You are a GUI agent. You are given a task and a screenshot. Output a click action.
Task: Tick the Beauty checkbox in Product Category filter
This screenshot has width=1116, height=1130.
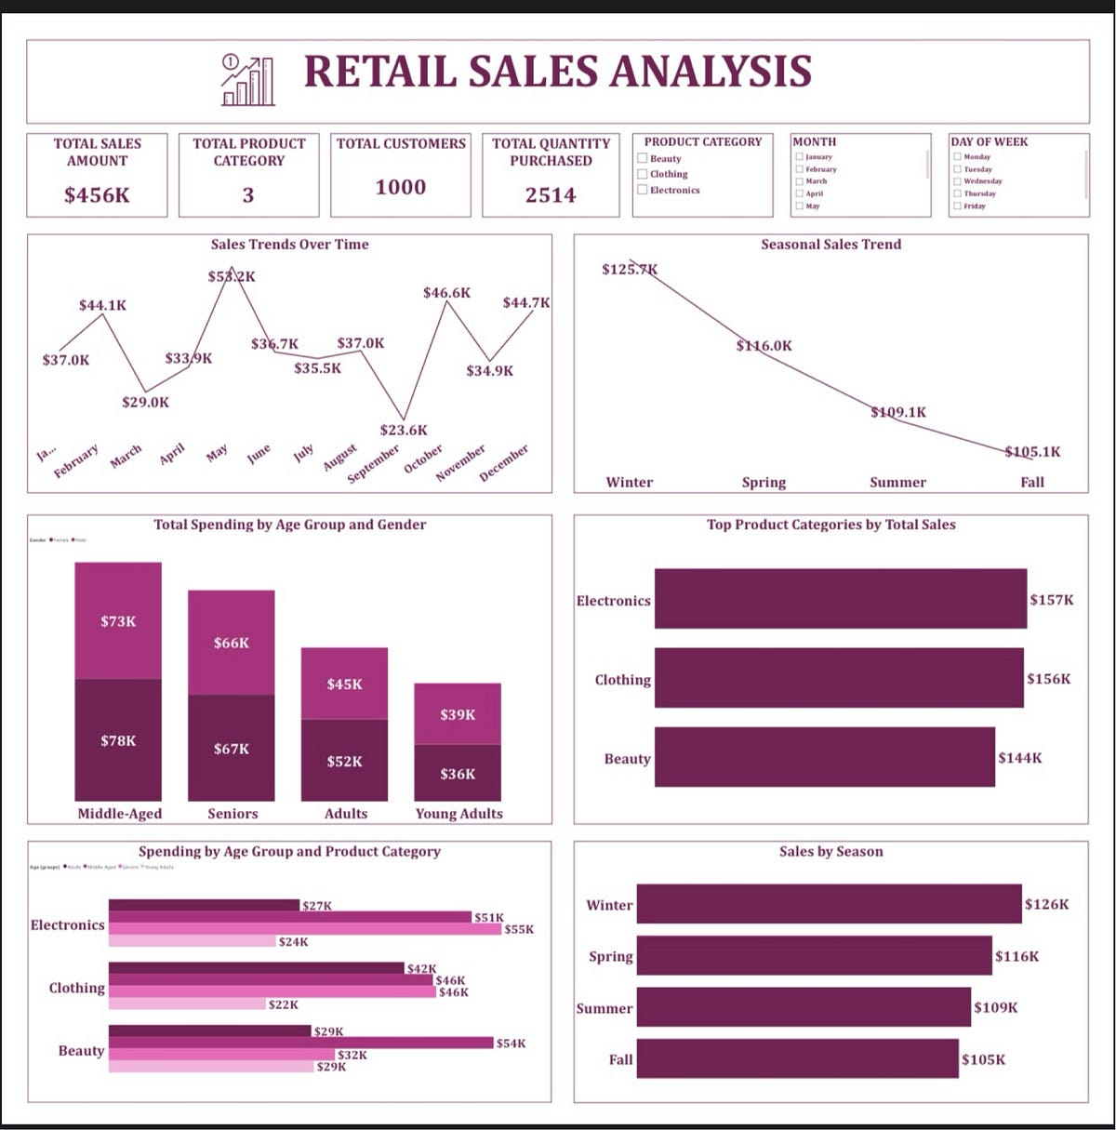(642, 158)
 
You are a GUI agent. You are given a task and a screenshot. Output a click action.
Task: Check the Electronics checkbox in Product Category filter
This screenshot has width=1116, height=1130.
(642, 190)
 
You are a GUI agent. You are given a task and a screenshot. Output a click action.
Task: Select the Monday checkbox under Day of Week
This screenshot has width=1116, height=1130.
(957, 157)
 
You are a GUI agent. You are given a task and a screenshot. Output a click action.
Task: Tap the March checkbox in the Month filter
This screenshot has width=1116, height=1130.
(799, 181)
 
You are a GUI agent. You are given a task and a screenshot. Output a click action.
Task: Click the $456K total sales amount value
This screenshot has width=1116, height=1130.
(97, 195)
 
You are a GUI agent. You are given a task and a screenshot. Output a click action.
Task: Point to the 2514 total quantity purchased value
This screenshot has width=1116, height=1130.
(551, 195)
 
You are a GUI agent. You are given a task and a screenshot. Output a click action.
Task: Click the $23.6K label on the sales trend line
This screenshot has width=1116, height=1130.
(404, 430)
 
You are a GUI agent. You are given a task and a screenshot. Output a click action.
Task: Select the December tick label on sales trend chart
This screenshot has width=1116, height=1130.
(504, 462)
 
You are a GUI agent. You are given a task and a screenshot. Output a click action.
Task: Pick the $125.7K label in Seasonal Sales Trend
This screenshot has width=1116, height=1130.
(630, 270)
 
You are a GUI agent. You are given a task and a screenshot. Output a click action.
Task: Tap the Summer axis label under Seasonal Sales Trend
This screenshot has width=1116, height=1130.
(897, 482)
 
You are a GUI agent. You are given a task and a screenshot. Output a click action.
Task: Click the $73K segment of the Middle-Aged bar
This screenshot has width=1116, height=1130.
(118, 620)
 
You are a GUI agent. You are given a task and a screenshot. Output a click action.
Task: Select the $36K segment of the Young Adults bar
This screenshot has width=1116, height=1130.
(458, 773)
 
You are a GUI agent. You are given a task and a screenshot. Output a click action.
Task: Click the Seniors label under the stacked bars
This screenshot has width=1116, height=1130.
(232, 813)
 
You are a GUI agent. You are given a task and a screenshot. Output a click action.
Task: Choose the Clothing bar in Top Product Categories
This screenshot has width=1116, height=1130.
(838, 678)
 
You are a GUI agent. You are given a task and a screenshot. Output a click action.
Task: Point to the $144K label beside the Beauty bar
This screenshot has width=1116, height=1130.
(1019, 758)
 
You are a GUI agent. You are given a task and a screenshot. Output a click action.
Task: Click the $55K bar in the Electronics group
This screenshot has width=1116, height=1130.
(305, 928)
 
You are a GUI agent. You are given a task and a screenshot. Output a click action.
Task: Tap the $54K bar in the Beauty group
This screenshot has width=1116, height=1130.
(300, 1043)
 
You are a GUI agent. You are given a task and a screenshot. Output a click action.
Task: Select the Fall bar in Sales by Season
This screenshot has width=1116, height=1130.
(797, 1059)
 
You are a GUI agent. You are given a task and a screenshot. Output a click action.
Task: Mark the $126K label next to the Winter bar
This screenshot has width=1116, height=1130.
(1046, 904)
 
